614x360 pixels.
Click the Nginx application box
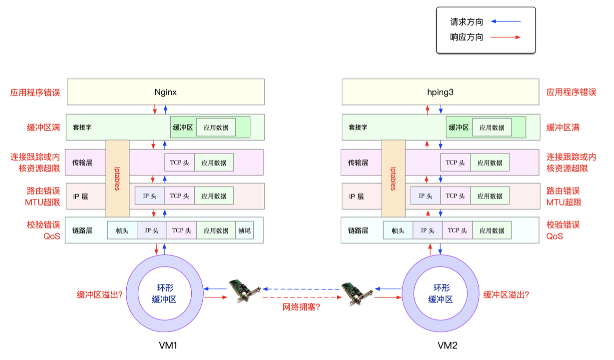[x=165, y=92]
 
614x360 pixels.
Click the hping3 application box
[x=441, y=92]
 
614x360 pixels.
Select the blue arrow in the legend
[x=505, y=21]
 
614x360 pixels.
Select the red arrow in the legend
[x=505, y=37]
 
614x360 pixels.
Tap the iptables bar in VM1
[x=117, y=178]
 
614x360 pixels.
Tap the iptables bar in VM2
[x=393, y=178]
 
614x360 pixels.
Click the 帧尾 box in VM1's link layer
[x=245, y=230]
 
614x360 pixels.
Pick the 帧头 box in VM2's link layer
[x=398, y=230]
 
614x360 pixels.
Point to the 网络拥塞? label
[x=301, y=307]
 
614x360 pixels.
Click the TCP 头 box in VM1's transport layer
[x=179, y=162]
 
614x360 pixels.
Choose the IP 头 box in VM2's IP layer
[x=425, y=196]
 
